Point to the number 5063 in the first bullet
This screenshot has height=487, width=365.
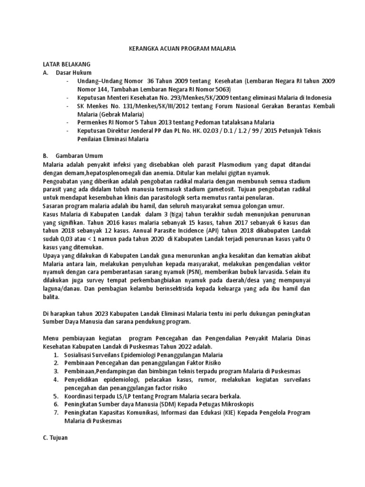tap(221, 89)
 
